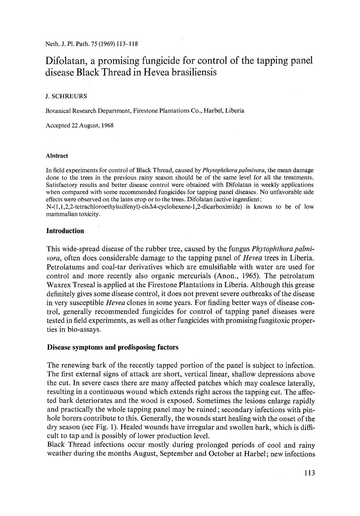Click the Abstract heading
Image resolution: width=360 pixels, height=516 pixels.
tap(57, 156)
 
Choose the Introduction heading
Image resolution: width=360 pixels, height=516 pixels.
tap(65, 231)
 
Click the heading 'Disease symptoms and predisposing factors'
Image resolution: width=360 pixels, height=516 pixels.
tap(112, 347)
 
